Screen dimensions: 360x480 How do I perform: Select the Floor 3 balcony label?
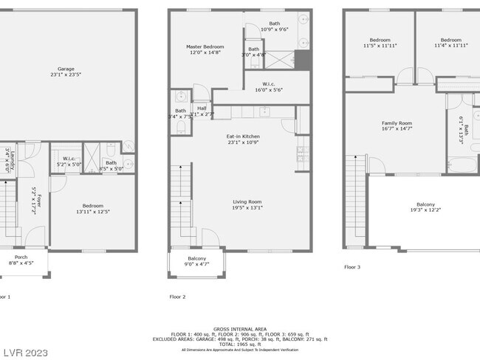[425, 207]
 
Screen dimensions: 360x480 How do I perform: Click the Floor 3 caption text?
[352, 267]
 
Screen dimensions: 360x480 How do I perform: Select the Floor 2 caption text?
[177, 296]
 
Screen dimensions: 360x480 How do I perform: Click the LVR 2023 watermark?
[27, 351]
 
